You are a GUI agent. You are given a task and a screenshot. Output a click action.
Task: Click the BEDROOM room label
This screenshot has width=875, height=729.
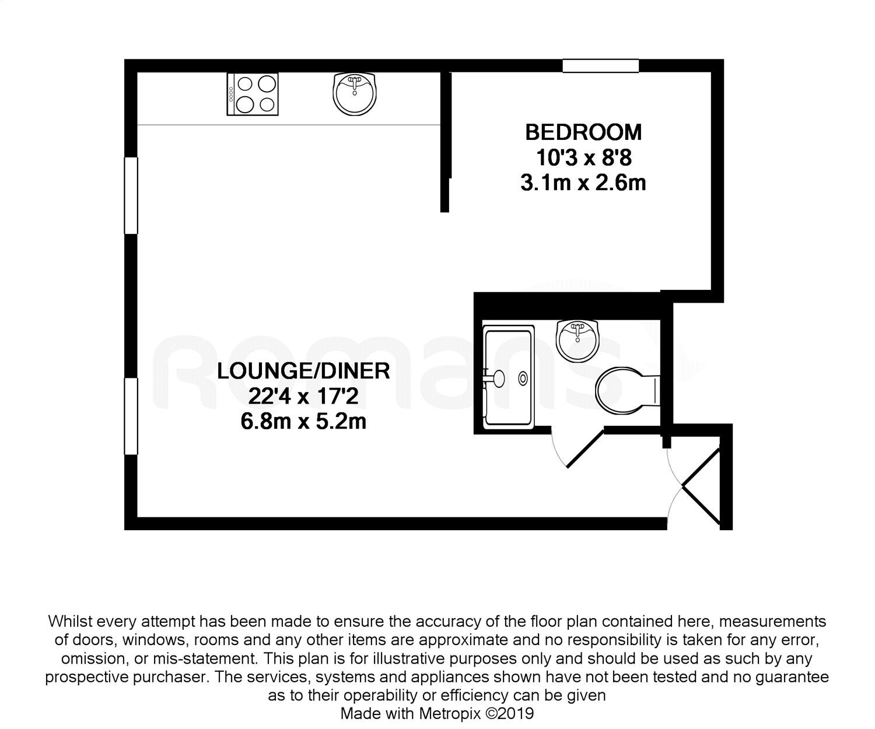coord(583,132)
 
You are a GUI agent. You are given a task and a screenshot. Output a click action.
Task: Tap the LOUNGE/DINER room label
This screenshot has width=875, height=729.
coord(303,371)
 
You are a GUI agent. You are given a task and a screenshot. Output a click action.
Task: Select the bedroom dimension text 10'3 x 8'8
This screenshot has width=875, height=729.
coord(584,158)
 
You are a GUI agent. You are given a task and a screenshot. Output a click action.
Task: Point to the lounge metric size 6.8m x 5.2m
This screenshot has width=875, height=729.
coord(303,421)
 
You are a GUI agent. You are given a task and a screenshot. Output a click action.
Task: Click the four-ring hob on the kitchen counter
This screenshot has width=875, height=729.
coord(252,94)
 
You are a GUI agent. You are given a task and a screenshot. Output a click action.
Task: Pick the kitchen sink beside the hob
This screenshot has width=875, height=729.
coord(355,94)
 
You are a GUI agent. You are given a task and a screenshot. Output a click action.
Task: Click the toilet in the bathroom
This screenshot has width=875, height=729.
coord(627,390)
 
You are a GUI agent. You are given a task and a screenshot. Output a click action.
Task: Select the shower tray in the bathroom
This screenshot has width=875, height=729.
coord(508,377)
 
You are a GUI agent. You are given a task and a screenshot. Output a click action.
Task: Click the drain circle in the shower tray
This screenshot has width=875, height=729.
coord(523,378)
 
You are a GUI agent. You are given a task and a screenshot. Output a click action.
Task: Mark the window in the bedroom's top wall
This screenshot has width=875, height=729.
coord(600,66)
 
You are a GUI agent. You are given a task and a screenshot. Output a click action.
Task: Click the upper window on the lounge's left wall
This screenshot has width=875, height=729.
coord(131,195)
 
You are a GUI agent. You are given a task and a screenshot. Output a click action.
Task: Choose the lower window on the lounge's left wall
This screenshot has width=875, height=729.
coord(131,416)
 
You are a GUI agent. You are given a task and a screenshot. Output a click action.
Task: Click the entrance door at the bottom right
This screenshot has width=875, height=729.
coord(701,487)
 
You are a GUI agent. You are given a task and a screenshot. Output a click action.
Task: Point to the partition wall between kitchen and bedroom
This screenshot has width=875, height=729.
coord(445,142)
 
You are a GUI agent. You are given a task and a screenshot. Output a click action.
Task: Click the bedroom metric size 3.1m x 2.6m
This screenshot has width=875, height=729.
coord(583,183)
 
